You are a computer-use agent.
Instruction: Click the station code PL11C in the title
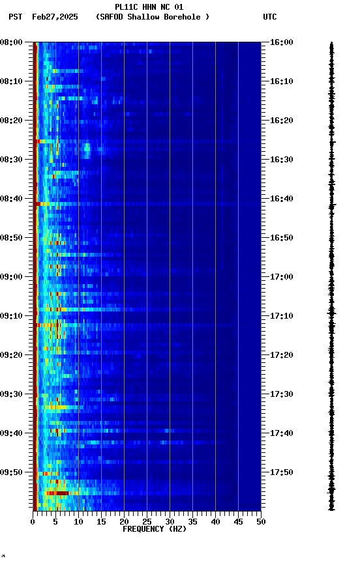[x=127, y=7]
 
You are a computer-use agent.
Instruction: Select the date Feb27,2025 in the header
[x=54, y=17]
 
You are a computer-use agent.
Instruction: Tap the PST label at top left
[x=16, y=17]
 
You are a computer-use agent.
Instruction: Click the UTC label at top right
[x=270, y=17]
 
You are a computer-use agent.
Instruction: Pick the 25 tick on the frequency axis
[x=147, y=522]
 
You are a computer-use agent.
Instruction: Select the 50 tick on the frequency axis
[x=261, y=522]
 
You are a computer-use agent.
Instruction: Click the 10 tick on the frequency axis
[x=78, y=522]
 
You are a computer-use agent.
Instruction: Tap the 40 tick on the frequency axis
[x=215, y=522]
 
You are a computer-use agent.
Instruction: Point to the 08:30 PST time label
[x=12, y=160]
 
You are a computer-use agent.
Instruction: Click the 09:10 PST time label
[x=12, y=316]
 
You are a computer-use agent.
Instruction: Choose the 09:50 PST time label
[x=12, y=472]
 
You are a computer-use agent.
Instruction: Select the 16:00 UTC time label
[x=281, y=42]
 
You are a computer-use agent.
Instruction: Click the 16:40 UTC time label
[x=281, y=199]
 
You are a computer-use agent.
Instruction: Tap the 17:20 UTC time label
[x=281, y=355]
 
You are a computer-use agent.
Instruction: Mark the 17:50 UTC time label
[x=281, y=472]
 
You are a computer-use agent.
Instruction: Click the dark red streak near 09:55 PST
[x=60, y=493]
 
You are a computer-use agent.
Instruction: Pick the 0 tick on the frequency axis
[x=33, y=522]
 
